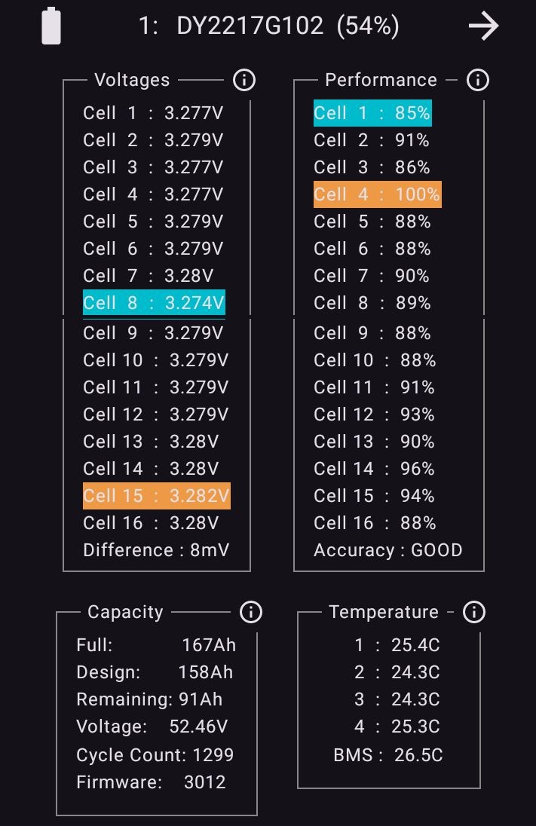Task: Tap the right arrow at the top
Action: pos(483,26)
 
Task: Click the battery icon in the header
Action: pos(51,26)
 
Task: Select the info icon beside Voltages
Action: pos(244,80)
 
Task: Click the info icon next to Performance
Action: pos(477,80)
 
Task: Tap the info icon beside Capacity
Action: pos(251,612)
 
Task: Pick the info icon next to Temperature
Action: pos(474,612)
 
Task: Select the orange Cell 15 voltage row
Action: pos(157,496)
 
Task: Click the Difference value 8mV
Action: pos(210,550)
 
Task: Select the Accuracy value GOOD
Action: pos(436,550)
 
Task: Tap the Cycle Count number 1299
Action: pos(213,755)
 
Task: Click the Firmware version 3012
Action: pos(205,782)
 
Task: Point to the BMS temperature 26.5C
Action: pos(418,755)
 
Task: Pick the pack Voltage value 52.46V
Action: pos(199,727)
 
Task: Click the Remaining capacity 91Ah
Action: pos(201,699)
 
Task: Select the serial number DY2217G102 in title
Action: pos(250,26)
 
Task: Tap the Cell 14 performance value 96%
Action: pos(418,468)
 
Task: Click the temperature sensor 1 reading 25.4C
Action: pos(415,645)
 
